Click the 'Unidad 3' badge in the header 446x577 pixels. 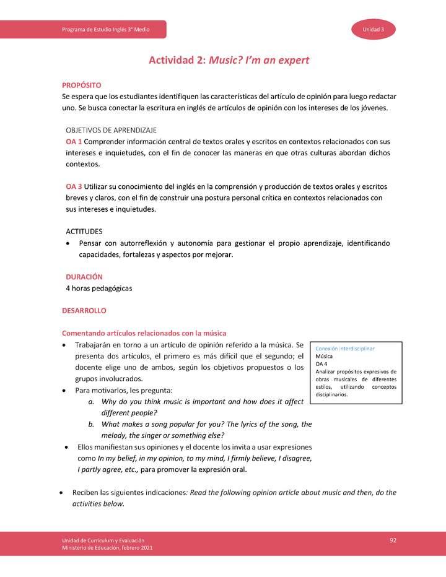pos(374,30)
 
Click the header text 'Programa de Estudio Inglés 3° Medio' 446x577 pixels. pos(106,30)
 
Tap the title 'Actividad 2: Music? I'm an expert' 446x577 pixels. pos(229,61)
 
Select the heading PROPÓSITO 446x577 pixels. pos(81,85)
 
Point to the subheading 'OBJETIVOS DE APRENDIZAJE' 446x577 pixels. pos(111,130)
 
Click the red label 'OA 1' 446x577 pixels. pos(74,142)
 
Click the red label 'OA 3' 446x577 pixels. pos(74,186)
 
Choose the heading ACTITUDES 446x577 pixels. pos(84,231)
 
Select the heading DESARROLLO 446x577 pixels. pos(84,310)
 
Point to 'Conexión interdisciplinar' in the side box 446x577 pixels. pos(344,349)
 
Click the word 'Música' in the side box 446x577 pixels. pos(324,357)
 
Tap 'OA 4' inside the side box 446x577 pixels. pos(321,364)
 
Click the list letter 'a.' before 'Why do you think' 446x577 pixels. pos(91,402)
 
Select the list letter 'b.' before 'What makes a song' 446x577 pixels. pos(91,424)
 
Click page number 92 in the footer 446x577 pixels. pos(393,540)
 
